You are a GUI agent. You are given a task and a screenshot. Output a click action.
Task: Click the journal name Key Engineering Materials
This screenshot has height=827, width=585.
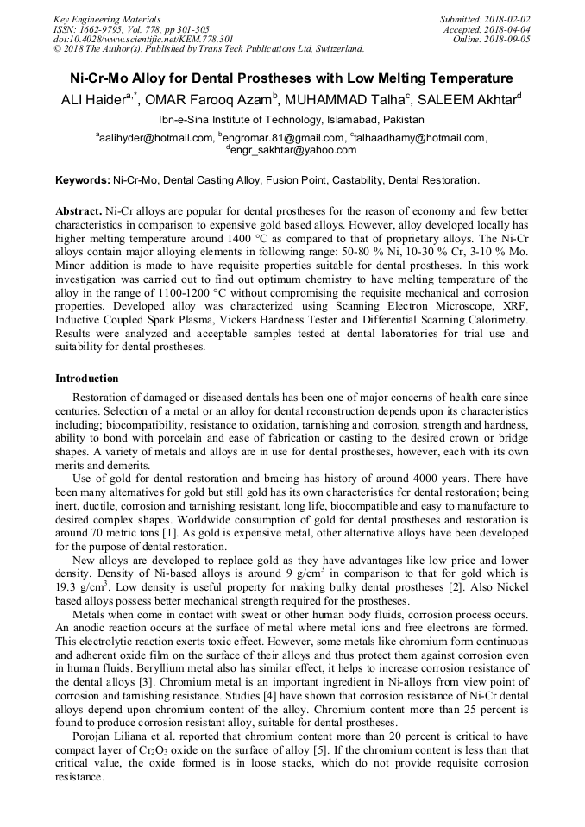click(x=106, y=19)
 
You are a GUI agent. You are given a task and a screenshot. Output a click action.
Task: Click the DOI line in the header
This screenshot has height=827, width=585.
click(x=143, y=39)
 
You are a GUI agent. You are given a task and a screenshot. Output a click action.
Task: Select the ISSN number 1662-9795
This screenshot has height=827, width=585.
click(x=103, y=29)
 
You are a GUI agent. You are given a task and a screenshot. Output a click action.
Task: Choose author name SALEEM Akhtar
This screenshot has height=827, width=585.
click(x=470, y=99)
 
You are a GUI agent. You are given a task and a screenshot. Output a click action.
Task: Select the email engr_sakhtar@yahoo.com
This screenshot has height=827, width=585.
click(x=292, y=149)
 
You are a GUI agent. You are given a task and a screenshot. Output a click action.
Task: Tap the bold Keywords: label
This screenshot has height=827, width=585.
click(x=83, y=180)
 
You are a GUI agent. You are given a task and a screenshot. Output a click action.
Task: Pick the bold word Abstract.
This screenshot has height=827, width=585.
click(x=79, y=211)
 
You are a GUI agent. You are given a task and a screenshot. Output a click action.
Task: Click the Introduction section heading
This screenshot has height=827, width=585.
click(x=87, y=379)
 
